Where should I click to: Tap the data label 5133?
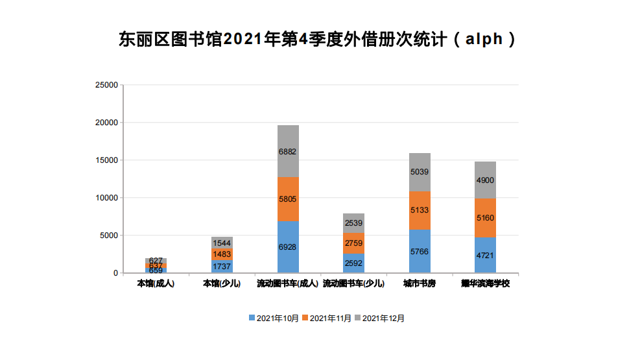point(420,210)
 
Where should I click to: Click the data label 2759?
point(353,243)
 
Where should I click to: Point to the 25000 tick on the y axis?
point(106,85)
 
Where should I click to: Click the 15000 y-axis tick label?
point(106,160)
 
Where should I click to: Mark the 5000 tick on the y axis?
point(108,235)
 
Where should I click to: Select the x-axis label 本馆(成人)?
point(156,284)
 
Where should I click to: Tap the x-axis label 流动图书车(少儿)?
point(353,284)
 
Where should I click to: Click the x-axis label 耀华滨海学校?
point(485,284)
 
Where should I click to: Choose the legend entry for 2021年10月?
point(274,318)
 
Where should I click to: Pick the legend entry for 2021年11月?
point(327,318)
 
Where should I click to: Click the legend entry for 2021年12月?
point(379,318)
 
